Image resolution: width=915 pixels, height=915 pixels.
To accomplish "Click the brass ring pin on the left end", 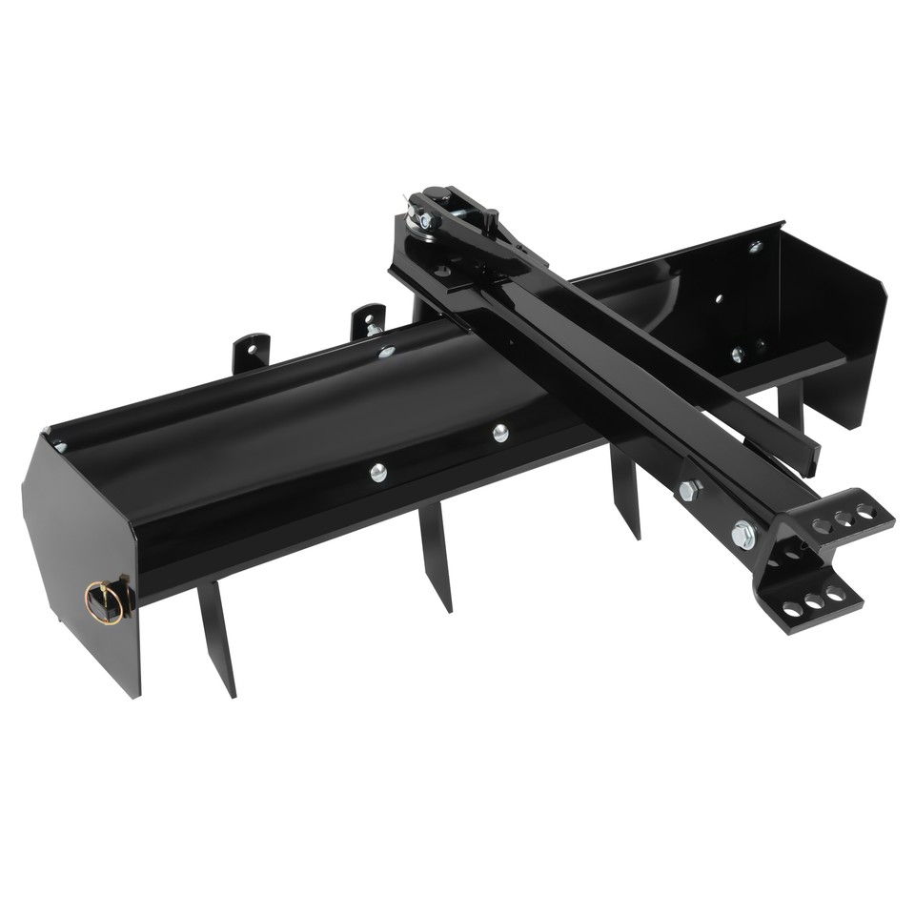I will pyautogui.click(x=105, y=602).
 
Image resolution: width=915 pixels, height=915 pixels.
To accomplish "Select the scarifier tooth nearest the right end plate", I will pyautogui.click(x=790, y=404).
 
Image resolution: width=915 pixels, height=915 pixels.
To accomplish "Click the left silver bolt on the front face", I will pyautogui.click(x=378, y=472).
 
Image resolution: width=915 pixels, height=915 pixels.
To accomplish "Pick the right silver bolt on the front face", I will pyautogui.click(x=500, y=434).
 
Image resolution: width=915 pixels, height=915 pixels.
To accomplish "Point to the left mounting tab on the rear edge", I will pyautogui.click(x=252, y=353).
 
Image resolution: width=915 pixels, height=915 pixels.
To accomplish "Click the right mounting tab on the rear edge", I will pyautogui.click(x=368, y=322).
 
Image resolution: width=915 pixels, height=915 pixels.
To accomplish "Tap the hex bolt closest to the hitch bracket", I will pyautogui.click(x=743, y=535).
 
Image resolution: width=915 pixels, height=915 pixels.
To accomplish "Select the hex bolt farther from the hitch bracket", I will pyautogui.click(x=689, y=491).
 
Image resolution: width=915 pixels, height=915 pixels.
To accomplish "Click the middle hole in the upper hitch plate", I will pyautogui.click(x=843, y=519).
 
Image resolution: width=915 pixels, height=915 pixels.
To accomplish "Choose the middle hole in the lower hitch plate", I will pyautogui.click(x=815, y=601).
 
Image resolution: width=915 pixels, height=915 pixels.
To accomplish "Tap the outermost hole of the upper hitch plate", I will pyautogui.click(x=864, y=512).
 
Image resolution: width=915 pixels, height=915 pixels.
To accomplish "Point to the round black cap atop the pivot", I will pyautogui.click(x=437, y=194).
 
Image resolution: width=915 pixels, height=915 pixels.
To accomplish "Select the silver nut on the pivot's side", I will pyautogui.click(x=423, y=221).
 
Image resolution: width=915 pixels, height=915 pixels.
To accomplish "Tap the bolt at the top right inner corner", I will pyautogui.click(x=755, y=247).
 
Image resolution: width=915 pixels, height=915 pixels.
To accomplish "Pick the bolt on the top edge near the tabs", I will pyautogui.click(x=385, y=352).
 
